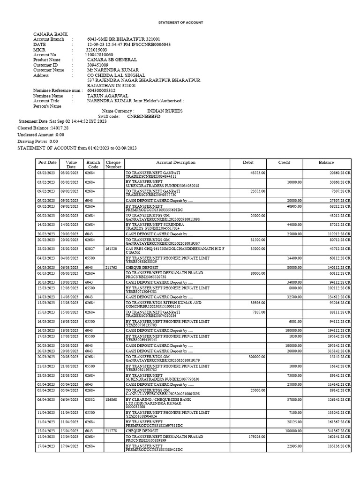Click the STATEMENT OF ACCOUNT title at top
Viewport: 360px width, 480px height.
click(180, 22)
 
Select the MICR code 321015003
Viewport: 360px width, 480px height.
click(97, 50)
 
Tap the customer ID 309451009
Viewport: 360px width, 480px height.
click(98, 65)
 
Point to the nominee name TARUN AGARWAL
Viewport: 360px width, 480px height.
click(102, 96)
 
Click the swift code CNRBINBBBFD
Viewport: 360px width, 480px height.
click(143, 116)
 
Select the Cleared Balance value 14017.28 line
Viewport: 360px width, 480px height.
click(43, 127)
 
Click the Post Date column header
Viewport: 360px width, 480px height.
click(47, 163)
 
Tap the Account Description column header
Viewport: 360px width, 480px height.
click(176, 163)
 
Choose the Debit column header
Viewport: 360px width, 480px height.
click(248, 163)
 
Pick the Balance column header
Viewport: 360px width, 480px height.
click(326, 163)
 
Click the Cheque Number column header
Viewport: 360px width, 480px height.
click(113, 165)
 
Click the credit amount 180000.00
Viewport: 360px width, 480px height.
click(291, 430)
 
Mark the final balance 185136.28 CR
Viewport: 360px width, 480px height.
click(337, 447)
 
